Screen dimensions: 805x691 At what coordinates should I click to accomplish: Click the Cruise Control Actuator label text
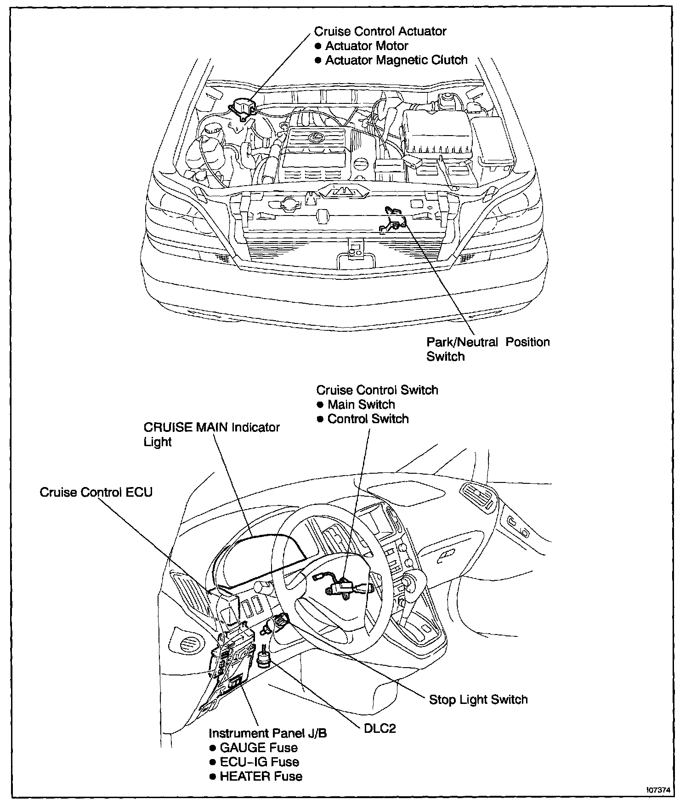coord(380,31)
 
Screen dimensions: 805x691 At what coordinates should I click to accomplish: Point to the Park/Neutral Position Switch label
coord(487,349)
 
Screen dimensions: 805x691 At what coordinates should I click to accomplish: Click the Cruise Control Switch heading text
coord(377,390)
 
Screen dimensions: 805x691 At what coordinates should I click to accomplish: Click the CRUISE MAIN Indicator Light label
coord(211,434)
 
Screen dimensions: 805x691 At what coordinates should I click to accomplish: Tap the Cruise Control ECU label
coord(96,492)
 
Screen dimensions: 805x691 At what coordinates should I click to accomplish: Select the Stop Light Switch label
coord(478,699)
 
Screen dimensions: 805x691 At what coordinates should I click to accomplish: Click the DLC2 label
coord(379,728)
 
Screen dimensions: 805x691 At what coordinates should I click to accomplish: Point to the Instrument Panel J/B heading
coord(268,733)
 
